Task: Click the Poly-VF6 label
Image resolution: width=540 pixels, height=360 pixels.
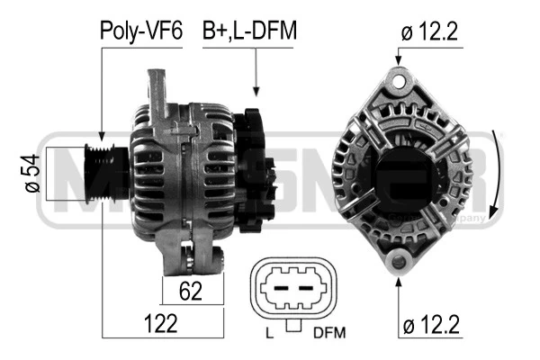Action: point(140,31)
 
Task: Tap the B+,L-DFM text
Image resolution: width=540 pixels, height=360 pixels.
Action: point(249,31)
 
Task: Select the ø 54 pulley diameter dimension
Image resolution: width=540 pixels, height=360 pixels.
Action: point(31,173)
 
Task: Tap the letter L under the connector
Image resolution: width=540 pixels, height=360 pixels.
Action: point(270,333)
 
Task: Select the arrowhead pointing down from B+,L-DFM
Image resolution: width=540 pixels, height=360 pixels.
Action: point(257,90)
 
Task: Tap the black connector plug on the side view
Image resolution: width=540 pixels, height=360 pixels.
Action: point(255,162)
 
